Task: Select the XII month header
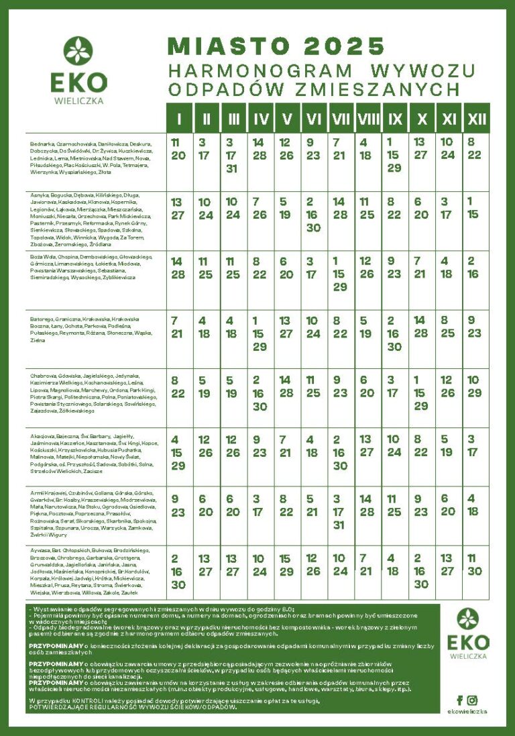[x=477, y=119]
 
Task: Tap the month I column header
[x=179, y=119]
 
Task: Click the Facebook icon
[x=459, y=700]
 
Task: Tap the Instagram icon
[x=473, y=700]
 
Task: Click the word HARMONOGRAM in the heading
[x=260, y=70]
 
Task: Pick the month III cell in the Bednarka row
[x=231, y=155]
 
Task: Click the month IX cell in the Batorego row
[x=394, y=333]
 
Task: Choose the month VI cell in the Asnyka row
[x=312, y=214]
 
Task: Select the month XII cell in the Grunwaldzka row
[x=475, y=564]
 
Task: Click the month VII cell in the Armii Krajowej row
[x=340, y=513]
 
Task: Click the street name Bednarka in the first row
[x=42, y=144]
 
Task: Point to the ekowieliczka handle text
[x=467, y=712]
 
